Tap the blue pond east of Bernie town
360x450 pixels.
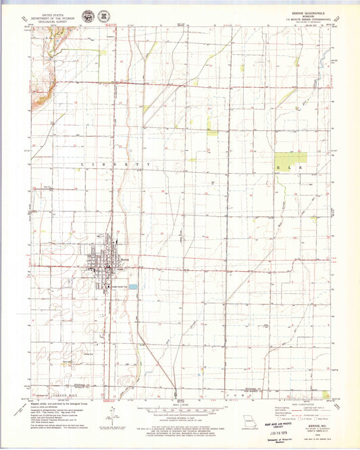(133, 287)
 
